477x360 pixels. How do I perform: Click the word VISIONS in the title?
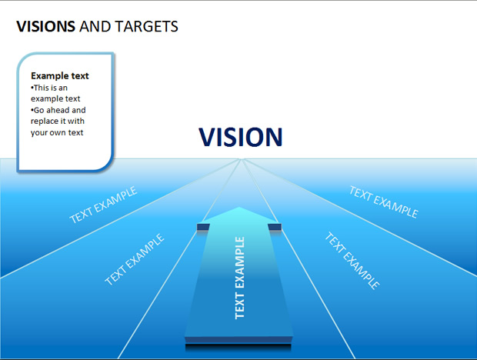pos(45,26)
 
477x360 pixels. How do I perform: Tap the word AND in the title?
pos(95,26)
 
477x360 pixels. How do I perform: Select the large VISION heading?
pos(241,137)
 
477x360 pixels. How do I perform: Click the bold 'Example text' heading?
pos(60,75)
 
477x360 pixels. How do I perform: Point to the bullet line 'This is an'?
pos(49,88)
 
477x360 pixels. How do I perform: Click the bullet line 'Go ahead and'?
pos(58,110)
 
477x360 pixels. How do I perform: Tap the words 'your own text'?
pos(57,132)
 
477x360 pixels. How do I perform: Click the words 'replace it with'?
pos(58,121)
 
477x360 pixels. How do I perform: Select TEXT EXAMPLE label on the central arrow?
pos(240,278)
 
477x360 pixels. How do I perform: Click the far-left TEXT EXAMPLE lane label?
pos(103,205)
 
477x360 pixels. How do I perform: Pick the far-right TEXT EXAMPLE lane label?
pos(384,202)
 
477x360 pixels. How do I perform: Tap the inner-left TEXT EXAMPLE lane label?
pos(134,259)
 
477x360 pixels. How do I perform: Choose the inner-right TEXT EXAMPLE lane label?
pos(352,260)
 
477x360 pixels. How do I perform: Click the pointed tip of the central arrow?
pos(239,208)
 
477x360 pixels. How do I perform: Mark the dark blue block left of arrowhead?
pos(203,227)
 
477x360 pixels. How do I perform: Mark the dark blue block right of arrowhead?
pos(275,227)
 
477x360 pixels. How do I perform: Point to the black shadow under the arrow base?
pos(239,348)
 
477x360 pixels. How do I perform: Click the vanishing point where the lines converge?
pos(241,158)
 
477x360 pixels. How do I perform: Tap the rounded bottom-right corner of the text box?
pos(107,165)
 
